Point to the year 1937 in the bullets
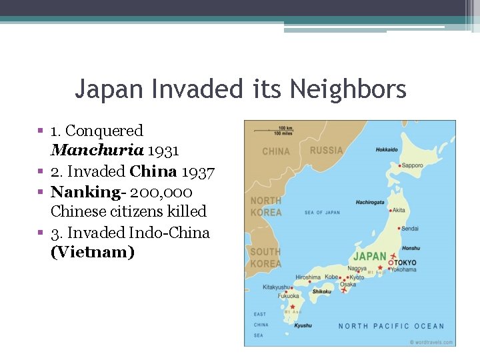[198, 172]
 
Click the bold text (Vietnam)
[93, 253]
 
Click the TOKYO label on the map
[406, 263]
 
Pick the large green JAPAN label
[369, 256]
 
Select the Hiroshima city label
[308, 277]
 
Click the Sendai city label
[410, 228]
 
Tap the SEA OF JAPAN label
[322, 213]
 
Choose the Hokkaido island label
[387, 149]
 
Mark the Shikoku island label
[322, 291]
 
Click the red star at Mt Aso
[292, 307]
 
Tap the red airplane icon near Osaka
[344, 291]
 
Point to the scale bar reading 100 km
[287, 127]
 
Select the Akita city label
[399, 210]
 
